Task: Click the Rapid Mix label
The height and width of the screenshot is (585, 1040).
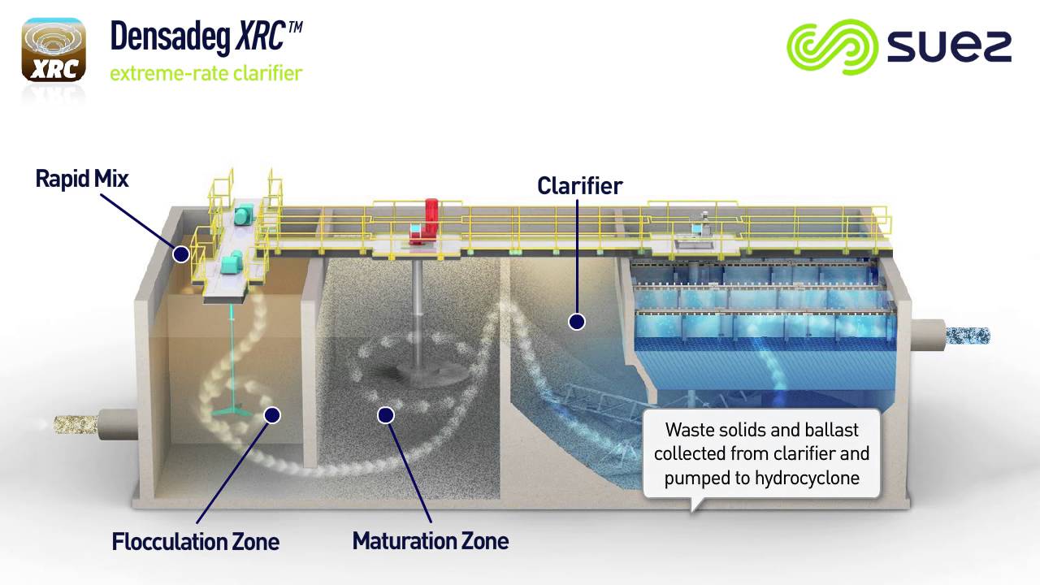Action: [x=82, y=179]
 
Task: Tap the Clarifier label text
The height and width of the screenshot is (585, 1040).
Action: [x=579, y=186]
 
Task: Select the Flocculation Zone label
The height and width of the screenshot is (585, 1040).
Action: [x=195, y=541]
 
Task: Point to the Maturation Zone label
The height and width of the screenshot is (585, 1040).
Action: [x=431, y=541]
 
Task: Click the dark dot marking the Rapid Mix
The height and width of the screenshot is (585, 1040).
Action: [x=181, y=254]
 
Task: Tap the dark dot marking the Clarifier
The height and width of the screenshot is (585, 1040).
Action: [x=577, y=322]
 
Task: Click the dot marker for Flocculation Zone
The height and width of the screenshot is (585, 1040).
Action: [x=272, y=415]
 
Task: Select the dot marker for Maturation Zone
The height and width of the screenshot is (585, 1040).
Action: [x=386, y=415]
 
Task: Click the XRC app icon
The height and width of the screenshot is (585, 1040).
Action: [x=54, y=51]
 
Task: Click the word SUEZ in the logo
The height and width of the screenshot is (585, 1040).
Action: [x=949, y=47]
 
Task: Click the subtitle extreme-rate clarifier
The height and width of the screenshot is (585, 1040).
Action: [x=206, y=73]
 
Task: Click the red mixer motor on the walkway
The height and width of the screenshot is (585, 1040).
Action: [x=428, y=220]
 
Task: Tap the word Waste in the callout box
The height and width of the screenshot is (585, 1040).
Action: [x=688, y=430]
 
